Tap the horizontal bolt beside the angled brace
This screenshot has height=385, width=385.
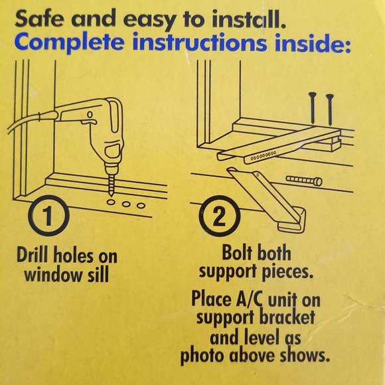[x=304, y=180]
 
